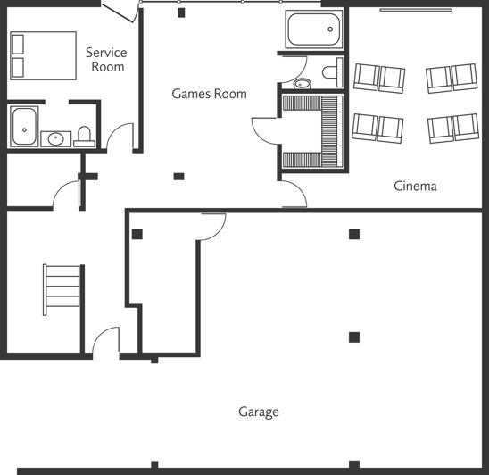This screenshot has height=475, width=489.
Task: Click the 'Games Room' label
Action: (x=209, y=93)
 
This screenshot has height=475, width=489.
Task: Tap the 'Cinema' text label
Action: (x=415, y=186)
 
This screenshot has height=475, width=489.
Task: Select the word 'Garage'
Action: (x=258, y=412)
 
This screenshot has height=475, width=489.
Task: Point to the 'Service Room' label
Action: (x=105, y=60)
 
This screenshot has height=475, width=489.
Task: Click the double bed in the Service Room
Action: (x=43, y=55)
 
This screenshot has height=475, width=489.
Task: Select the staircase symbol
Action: (x=62, y=290)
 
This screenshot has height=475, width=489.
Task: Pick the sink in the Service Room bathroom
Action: (x=56, y=138)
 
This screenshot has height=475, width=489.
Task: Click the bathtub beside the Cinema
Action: (x=314, y=29)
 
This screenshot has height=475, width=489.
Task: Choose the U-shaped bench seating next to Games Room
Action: (x=311, y=131)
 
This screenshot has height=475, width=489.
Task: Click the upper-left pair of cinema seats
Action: (x=379, y=78)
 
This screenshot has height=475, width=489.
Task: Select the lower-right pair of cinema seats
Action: (x=453, y=129)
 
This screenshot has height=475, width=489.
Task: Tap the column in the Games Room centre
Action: (x=178, y=176)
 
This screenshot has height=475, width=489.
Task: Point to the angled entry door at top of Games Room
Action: (x=118, y=12)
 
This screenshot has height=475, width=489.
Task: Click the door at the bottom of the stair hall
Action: (x=106, y=342)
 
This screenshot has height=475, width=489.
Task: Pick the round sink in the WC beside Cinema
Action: (x=302, y=85)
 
